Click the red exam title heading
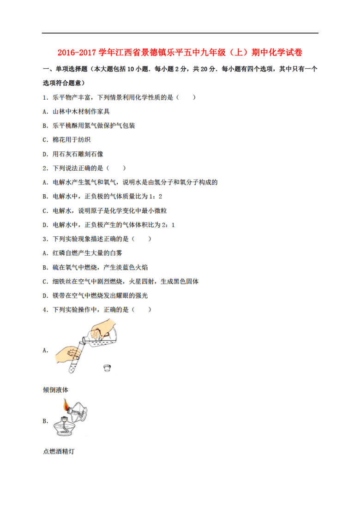pyautogui.click(x=180, y=53)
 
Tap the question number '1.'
pyautogui.click(x=45, y=97)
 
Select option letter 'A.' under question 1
pyautogui.click(x=45, y=112)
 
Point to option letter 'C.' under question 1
pyautogui.click(x=45, y=140)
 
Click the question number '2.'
pyautogui.click(x=45, y=168)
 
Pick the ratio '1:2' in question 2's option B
pyautogui.click(x=155, y=197)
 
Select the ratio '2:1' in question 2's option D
pyautogui.click(x=168, y=225)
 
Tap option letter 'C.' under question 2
pyautogui.click(x=45, y=211)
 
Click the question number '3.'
pyautogui.click(x=45, y=239)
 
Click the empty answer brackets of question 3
pyautogui.click(x=142, y=239)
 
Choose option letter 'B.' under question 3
pyautogui.click(x=45, y=267)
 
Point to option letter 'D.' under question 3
pyautogui.click(x=45, y=295)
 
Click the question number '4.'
pyautogui.click(x=45, y=310)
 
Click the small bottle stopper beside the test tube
pyautogui.click(x=107, y=368)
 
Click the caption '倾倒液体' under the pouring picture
pyautogui.click(x=55, y=390)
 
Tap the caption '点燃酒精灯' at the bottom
pyautogui.click(x=59, y=451)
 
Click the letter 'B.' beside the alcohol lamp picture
pyautogui.click(x=45, y=421)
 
